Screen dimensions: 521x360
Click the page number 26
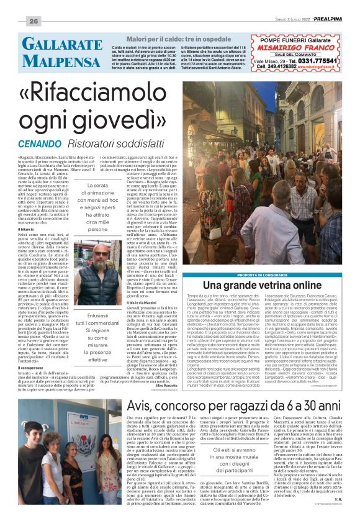(x=33, y=22)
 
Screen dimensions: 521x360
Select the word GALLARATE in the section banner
(x=62, y=45)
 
